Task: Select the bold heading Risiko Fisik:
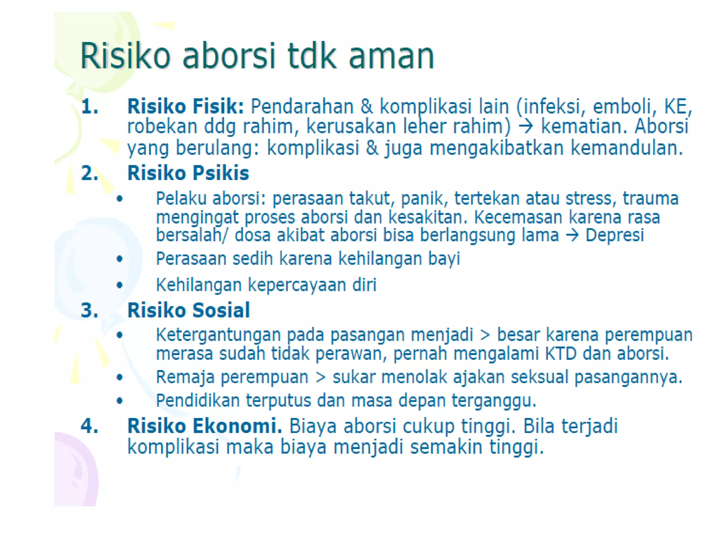[x=185, y=106]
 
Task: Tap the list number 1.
[x=89, y=106]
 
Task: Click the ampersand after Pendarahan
[x=367, y=106]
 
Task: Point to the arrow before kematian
[x=526, y=126]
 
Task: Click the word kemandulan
[x=626, y=148]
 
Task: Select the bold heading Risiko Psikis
[x=188, y=173]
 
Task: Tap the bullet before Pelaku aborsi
[x=120, y=199]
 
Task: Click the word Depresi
[x=614, y=235]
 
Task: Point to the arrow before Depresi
[x=572, y=235]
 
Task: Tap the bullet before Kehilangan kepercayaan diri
[x=120, y=285]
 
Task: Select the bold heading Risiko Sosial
[x=189, y=310]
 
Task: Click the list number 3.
[x=89, y=310]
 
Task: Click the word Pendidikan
[x=198, y=401]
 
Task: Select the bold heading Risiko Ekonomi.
[x=205, y=426]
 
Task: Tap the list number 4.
[x=89, y=426]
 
